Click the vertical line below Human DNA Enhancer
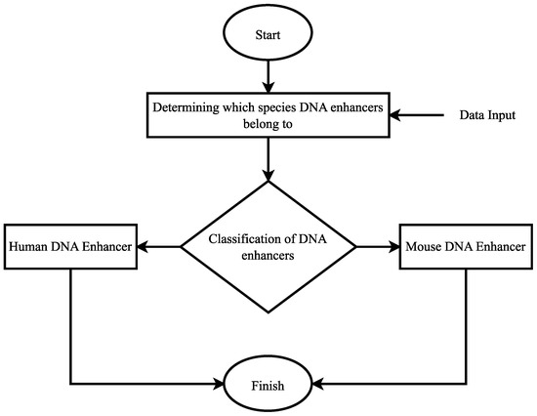[x=70, y=322]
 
